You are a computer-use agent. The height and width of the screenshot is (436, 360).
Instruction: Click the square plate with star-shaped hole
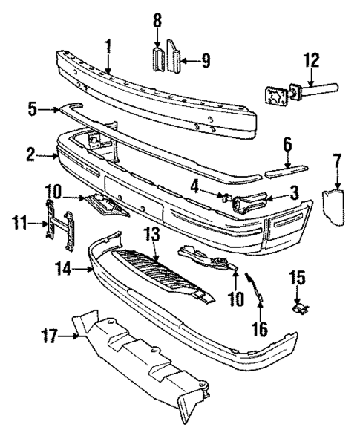coord(277,97)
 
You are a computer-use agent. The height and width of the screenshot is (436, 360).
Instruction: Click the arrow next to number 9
coord(189,58)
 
